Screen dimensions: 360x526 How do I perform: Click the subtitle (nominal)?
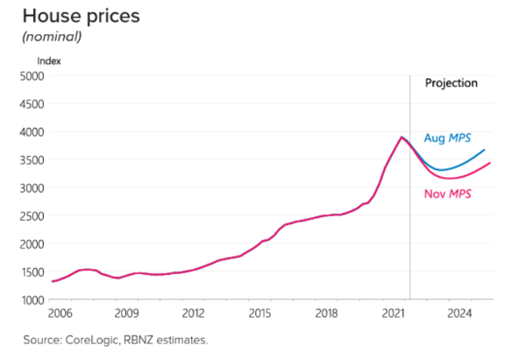point(52,37)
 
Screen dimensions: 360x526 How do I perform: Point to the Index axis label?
point(49,61)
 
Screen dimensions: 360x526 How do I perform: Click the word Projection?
point(451,83)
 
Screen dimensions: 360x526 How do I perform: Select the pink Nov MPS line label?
point(447,194)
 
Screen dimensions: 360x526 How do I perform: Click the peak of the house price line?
point(402,137)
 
